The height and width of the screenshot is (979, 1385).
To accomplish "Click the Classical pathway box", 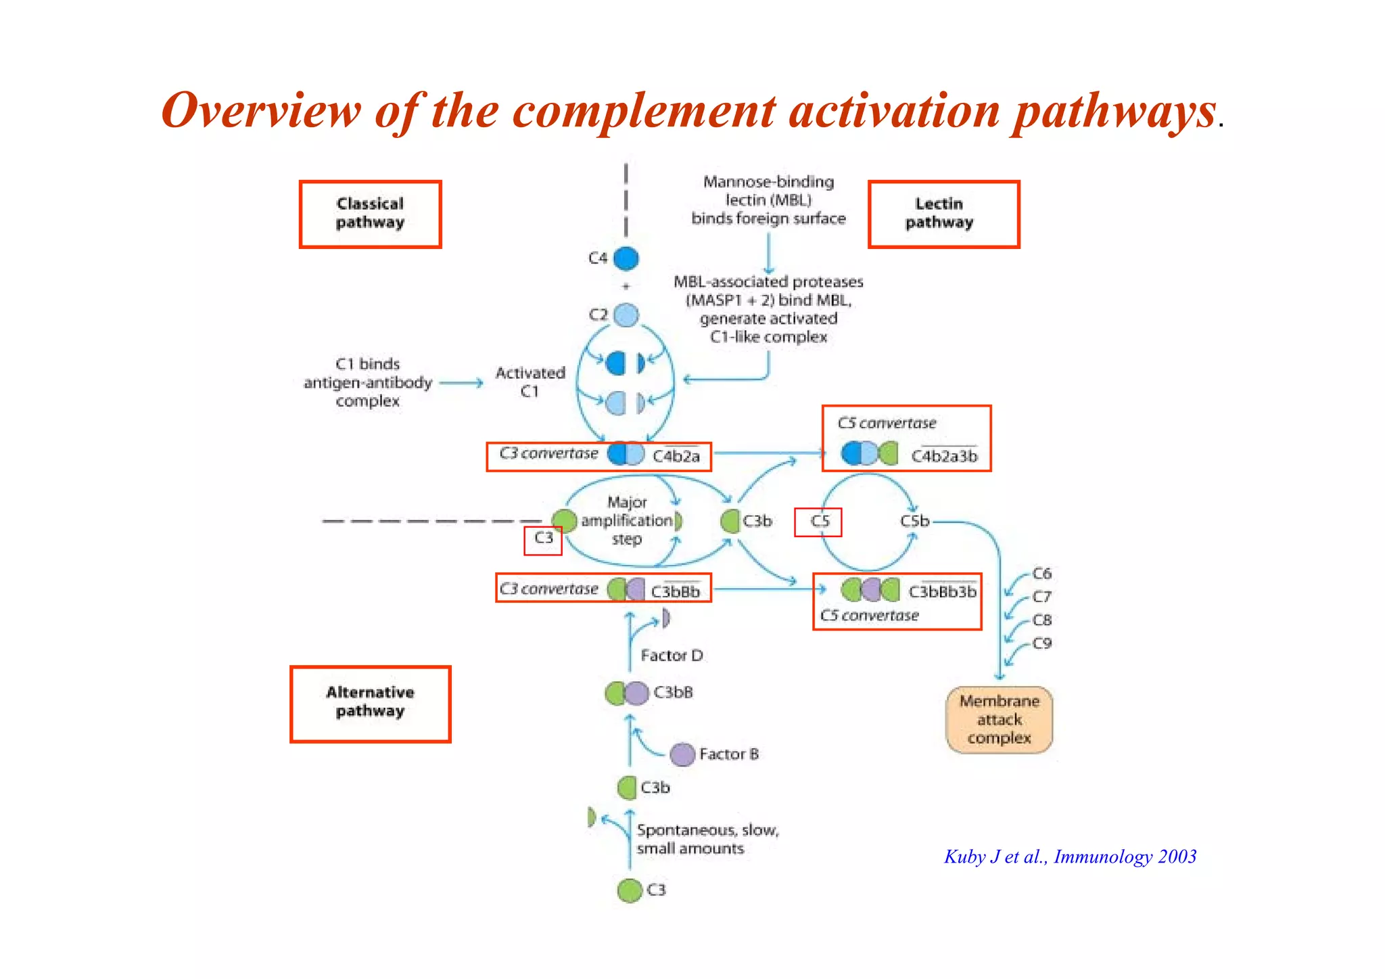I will (370, 214).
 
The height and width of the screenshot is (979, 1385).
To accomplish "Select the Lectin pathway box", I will (943, 214).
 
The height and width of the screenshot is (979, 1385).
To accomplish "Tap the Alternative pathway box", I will (370, 703).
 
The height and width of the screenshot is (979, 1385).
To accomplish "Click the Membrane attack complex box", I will (999, 720).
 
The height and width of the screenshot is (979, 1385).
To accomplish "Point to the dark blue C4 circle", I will (626, 258).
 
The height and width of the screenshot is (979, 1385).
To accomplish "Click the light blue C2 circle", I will (626, 315).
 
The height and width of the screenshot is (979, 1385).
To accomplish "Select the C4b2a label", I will (676, 457).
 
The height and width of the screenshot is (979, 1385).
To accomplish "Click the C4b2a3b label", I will (944, 457).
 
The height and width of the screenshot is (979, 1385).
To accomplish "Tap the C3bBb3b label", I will (942, 592).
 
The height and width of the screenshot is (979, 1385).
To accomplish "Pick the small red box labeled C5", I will (818, 522).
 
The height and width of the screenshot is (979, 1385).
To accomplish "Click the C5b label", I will (914, 521).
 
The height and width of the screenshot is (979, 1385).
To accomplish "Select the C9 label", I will (1042, 643).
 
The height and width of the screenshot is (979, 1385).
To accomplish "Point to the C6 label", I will (1042, 574).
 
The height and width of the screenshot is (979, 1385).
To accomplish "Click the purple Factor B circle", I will (682, 754).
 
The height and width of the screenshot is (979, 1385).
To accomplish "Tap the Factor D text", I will (672, 656).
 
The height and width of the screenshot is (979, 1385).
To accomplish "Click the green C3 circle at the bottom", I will (630, 890).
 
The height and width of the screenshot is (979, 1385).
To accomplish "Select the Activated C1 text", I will (530, 382).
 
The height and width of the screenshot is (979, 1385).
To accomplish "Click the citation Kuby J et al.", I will (1070, 857).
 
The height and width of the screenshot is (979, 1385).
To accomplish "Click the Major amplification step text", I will (627, 521).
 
